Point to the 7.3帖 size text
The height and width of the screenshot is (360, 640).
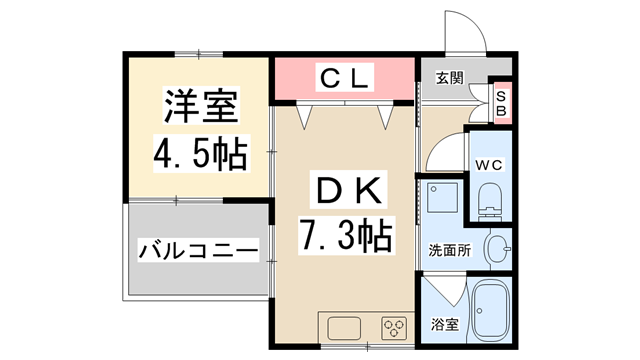pos(346,236)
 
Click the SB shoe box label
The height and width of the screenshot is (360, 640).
pos(503,102)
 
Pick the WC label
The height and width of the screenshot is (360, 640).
pos(489,164)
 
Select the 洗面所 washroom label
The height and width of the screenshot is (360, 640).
pos(450,249)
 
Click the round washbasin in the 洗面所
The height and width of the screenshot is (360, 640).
pos(497,247)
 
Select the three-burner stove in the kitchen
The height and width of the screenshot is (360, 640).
pos(393,328)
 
